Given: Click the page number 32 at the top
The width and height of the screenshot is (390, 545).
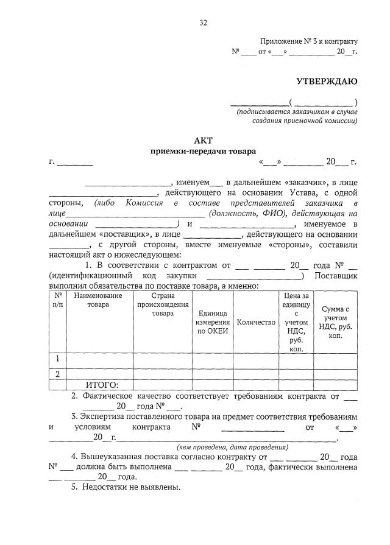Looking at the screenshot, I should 204,23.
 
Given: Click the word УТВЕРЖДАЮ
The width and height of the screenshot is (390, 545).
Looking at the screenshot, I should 327,81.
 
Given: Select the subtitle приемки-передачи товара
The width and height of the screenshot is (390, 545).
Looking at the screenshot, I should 204,151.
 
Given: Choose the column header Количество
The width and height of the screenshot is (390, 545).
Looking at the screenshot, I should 256,322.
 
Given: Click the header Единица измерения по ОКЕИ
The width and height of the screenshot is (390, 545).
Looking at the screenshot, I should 213,322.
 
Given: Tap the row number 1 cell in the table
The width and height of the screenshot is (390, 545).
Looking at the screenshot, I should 57,359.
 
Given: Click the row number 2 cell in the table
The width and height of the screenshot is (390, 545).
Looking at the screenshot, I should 57,374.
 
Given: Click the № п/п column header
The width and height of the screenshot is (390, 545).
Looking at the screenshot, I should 57,300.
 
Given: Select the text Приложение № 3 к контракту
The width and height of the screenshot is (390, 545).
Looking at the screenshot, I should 309,41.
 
